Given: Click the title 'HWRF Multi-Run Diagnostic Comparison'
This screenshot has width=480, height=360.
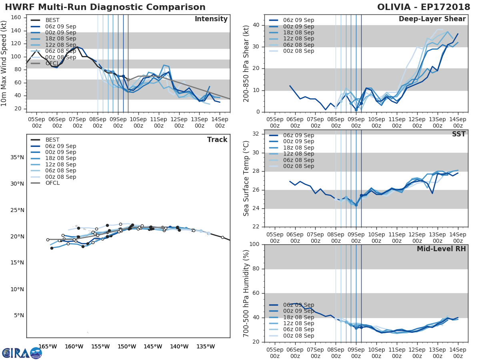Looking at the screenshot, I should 105,7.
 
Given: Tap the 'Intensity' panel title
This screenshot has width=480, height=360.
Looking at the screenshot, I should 211,19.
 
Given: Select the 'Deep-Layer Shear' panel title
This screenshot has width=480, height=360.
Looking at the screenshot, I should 432,19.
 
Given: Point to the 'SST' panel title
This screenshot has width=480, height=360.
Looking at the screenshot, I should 458,134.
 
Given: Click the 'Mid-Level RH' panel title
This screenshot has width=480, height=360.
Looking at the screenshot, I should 441,249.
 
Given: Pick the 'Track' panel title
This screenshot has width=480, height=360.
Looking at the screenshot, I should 217,140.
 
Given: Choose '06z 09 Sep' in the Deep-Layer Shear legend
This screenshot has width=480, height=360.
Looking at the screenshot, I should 298,20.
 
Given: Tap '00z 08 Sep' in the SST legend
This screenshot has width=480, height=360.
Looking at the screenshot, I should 298,166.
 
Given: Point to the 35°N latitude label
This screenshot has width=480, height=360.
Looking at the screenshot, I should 18,157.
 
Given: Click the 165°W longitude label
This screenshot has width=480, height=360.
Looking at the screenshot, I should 48,346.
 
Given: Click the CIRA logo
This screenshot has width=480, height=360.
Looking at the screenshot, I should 22,353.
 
